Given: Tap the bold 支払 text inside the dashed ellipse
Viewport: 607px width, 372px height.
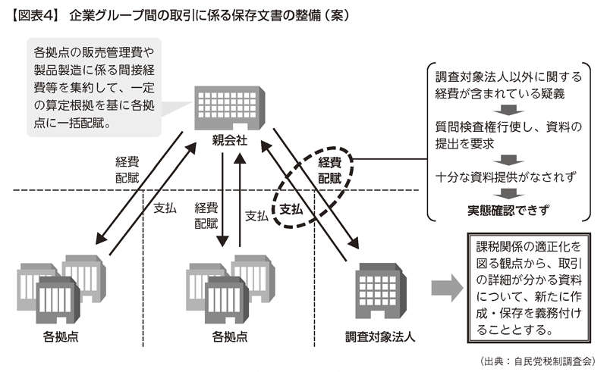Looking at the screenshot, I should [x=291, y=208].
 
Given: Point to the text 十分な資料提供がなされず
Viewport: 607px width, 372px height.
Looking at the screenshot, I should [x=508, y=177].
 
